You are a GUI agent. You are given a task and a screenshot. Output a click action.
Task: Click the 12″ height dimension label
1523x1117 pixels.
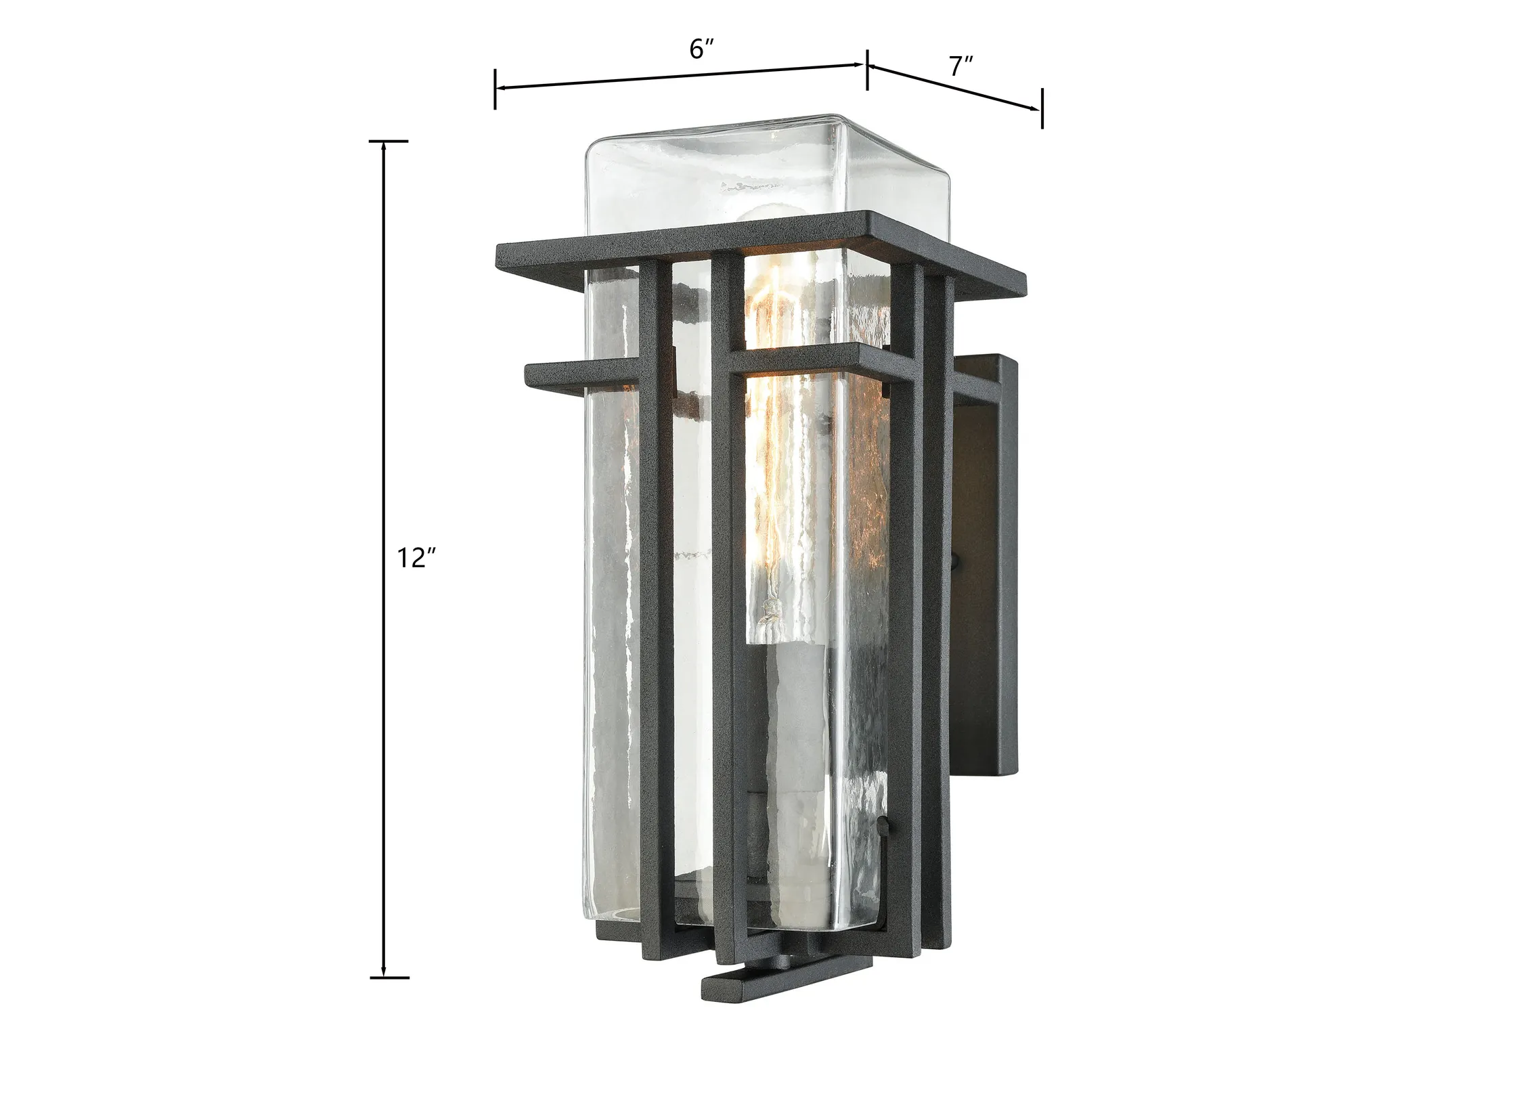(416, 558)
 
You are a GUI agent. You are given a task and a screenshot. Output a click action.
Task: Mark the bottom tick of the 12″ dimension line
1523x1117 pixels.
(389, 978)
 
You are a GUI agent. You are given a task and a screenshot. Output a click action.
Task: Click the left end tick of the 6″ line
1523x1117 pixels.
(495, 89)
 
